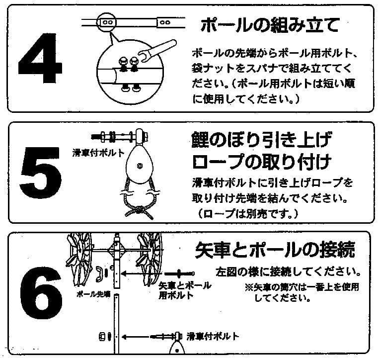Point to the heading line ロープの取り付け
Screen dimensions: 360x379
pyautogui.click(x=261, y=162)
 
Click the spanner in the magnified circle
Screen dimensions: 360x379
pyautogui.click(x=159, y=50)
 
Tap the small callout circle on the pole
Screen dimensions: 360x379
pyautogui.click(x=107, y=22)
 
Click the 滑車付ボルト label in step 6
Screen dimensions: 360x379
pyautogui.click(x=213, y=337)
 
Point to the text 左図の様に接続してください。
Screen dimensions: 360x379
pyautogui.click(x=288, y=272)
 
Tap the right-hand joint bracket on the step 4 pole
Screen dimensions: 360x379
pyautogui.click(x=165, y=22)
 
